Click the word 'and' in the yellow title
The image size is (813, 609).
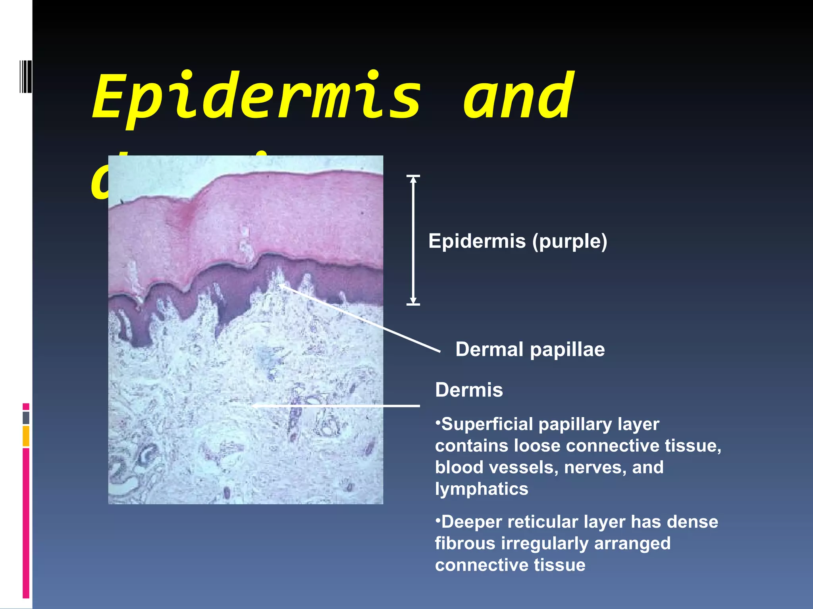click(x=518, y=97)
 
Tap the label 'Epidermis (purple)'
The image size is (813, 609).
click(x=518, y=241)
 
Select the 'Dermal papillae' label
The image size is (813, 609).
click(x=530, y=350)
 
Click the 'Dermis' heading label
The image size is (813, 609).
click(x=469, y=390)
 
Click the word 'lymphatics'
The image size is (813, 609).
click(x=482, y=489)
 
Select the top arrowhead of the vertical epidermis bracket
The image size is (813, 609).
click(x=413, y=179)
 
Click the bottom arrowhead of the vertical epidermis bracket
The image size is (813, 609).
click(x=413, y=301)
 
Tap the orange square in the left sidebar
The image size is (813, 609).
click(x=26, y=436)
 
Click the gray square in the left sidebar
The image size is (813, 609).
click(x=26, y=418)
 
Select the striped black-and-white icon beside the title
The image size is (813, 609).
click(x=26, y=77)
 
